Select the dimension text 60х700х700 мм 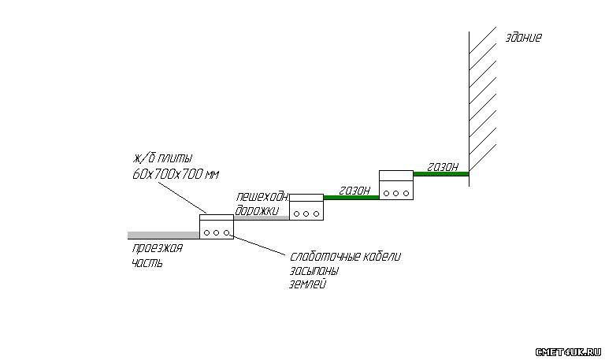click(175, 173)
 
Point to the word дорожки click(257, 210)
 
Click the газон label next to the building click(443, 166)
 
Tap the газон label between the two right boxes click(354, 190)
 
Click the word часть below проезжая click(147, 262)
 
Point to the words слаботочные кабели click(346, 257)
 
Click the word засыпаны click(314, 270)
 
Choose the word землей click(308, 284)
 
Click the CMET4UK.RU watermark click(568, 351)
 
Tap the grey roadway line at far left click(162, 235)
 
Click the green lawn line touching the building click(441, 174)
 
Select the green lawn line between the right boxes click(351, 198)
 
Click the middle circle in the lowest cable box click(216, 232)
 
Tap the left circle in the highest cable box click(385, 192)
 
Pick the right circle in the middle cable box click(316, 213)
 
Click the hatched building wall click(482, 102)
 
